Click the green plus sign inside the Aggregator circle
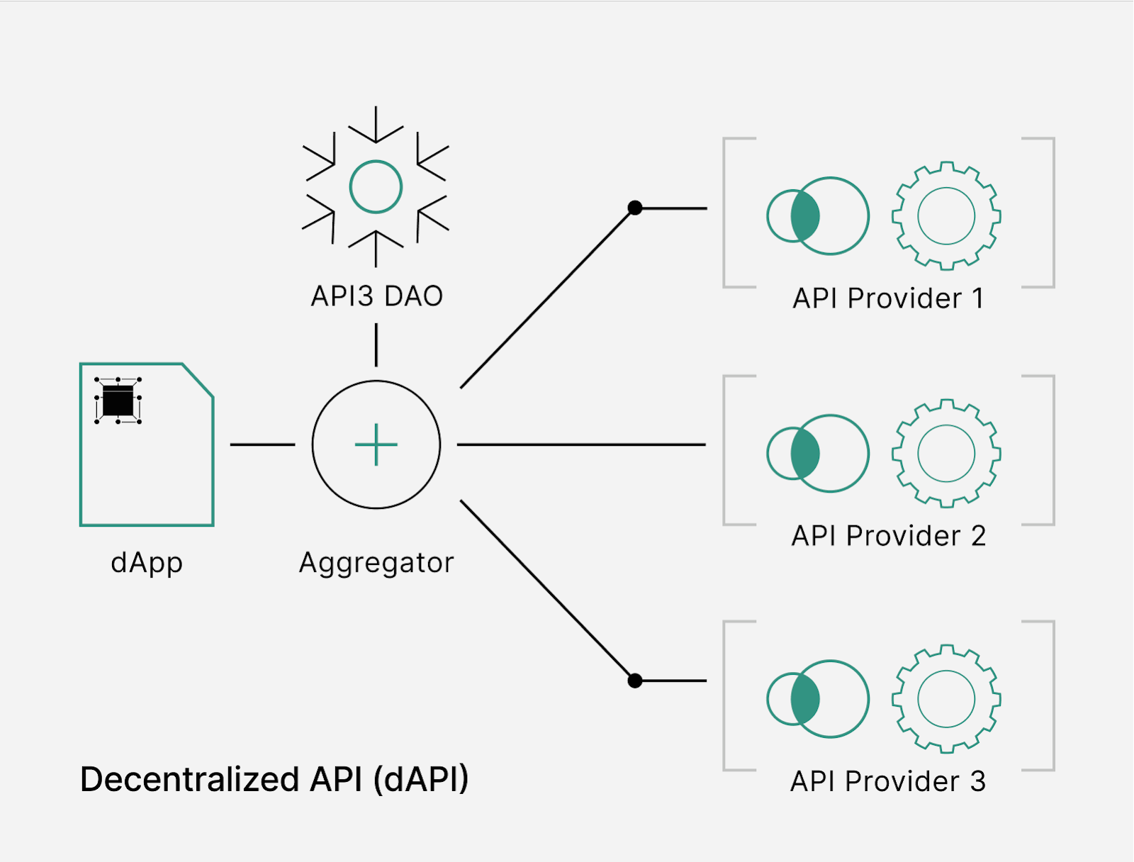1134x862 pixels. point(376,444)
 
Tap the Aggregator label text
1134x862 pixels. point(376,563)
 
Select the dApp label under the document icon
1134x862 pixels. point(147,563)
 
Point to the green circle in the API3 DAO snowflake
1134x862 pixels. point(376,187)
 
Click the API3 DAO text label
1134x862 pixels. point(376,296)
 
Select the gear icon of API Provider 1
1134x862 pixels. point(946,216)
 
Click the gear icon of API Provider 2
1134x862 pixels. point(946,454)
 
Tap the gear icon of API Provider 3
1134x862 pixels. point(946,699)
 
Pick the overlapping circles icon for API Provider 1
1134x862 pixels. point(817,216)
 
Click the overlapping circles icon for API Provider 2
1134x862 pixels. point(817,454)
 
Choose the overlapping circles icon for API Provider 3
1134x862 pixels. point(817,699)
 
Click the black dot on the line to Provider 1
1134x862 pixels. point(635,208)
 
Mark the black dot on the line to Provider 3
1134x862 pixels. point(635,681)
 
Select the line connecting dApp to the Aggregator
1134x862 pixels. point(262,444)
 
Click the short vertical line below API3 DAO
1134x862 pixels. point(376,345)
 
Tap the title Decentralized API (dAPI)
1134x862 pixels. point(274,779)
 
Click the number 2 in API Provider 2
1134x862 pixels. point(978,537)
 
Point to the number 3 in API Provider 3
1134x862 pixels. point(978,782)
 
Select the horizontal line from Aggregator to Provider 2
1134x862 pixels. point(581,444)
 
